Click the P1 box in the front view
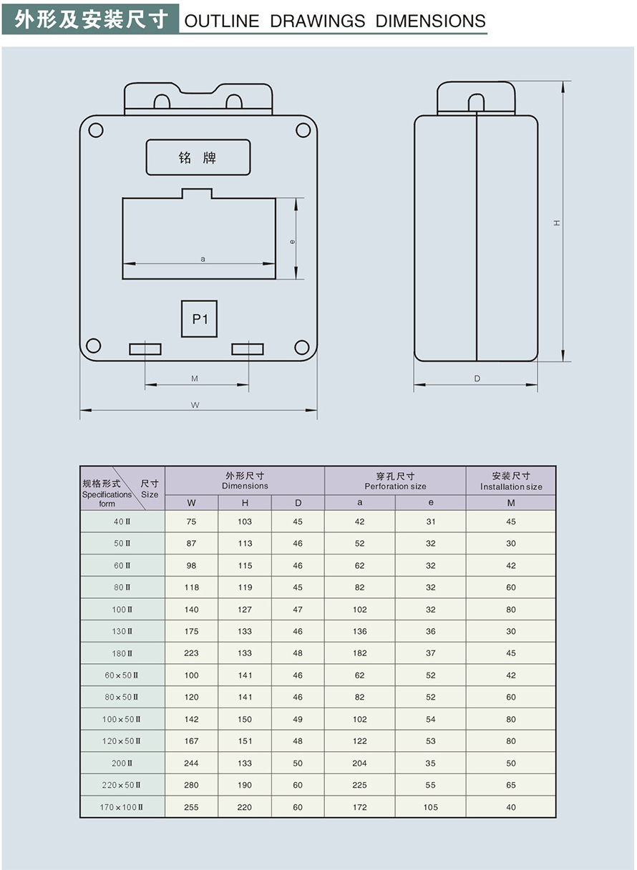(x=199, y=318)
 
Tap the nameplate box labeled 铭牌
(x=198, y=157)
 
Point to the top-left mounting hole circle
(x=96, y=130)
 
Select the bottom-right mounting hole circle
(x=302, y=347)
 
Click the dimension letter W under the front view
(x=195, y=405)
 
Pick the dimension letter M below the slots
(x=195, y=378)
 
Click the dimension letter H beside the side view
(x=557, y=223)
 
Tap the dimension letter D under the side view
(x=477, y=378)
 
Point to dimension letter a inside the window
(x=203, y=259)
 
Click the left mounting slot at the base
(x=145, y=349)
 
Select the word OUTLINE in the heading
(x=222, y=21)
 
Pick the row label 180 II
(x=122, y=653)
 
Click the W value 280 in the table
(x=191, y=785)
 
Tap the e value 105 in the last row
(x=430, y=807)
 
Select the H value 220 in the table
(x=245, y=807)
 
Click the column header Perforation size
(x=395, y=487)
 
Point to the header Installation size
(x=511, y=487)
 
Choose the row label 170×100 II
(x=122, y=807)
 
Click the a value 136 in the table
(x=359, y=631)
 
